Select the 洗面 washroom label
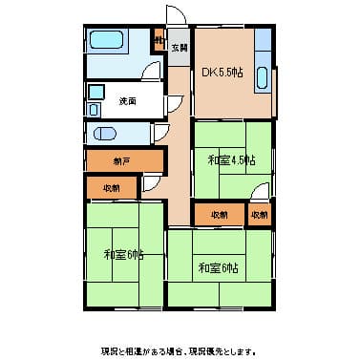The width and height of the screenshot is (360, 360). point(127,100)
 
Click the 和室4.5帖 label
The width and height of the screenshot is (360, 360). point(231,159)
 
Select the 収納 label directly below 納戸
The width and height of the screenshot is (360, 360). point(111,188)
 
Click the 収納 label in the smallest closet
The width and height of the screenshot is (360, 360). point(261,216)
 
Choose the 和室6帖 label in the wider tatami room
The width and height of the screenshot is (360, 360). point(218,266)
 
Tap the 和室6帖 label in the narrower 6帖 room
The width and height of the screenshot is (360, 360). point(124,254)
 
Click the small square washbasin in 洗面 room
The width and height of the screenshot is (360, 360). point(95,93)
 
